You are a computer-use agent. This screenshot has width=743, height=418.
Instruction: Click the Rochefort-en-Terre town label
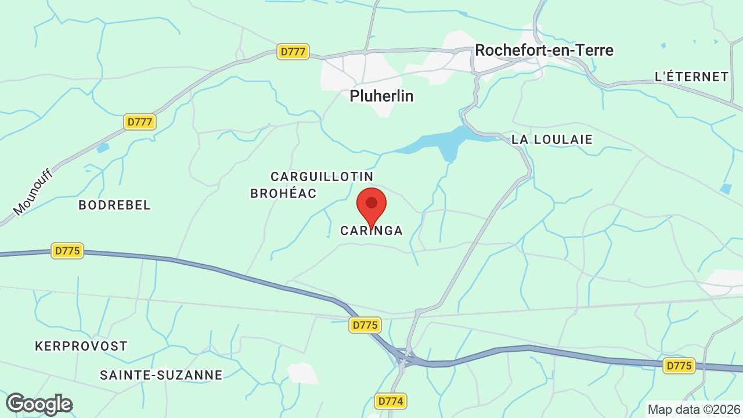tap(544, 50)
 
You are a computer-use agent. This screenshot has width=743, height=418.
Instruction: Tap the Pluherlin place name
tap(381, 96)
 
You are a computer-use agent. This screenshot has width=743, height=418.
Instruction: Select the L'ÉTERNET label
tap(691, 77)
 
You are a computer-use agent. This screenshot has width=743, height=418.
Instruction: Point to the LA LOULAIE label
tap(552, 139)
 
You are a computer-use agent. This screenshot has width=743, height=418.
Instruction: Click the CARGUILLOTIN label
tap(322, 176)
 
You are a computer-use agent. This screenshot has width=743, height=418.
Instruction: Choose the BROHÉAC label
tap(283, 193)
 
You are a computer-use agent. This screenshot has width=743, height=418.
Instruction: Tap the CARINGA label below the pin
tap(371, 230)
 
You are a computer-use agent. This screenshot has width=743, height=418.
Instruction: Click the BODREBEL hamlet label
tap(114, 205)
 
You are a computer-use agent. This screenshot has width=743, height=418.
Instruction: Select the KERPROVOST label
tap(81, 346)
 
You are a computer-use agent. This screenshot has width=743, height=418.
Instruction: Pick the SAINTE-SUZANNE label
tap(161, 375)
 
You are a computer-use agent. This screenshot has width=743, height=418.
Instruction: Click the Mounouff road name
tap(33, 192)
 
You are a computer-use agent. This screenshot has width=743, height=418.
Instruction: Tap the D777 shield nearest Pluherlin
tap(293, 52)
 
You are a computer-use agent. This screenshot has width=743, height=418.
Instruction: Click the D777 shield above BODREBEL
tap(140, 122)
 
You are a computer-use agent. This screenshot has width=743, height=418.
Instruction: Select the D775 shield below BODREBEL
tap(68, 251)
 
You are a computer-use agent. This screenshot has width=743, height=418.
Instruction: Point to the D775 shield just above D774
tap(365, 325)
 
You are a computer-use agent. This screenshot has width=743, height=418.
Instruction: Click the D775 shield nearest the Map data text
tap(679, 366)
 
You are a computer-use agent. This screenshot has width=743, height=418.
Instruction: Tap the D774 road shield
tap(390, 401)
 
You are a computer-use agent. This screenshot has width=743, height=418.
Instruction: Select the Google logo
tap(39, 404)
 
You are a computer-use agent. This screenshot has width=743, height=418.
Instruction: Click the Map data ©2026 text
tap(693, 409)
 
